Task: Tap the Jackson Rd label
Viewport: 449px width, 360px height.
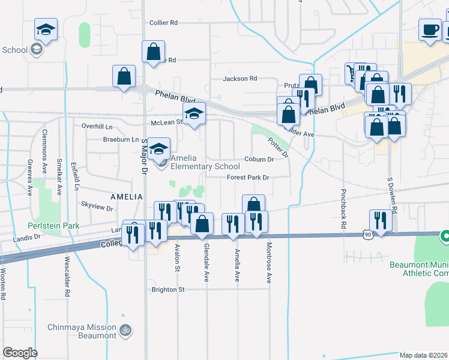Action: coord(240,79)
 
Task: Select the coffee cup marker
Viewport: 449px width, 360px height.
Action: coord(430,31)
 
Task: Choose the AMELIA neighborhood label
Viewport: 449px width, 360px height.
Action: coord(126,197)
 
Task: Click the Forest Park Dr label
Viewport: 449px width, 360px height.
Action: coord(249,178)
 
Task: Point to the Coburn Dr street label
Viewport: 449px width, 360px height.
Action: coord(259,160)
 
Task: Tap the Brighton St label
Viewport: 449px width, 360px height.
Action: coord(168,289)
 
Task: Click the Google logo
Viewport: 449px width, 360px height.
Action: coord(20,352)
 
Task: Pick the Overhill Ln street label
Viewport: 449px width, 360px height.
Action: coord(97,127)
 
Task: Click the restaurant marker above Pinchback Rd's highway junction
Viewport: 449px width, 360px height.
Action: coord(381,220)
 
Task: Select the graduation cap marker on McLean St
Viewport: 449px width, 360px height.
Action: coord(194,113)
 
